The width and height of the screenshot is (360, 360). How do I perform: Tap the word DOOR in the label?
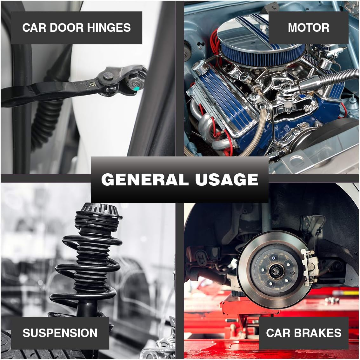click(67, 28)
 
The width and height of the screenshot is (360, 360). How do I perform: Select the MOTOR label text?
click(308, 28)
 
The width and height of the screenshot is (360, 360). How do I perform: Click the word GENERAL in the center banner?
click(145, 179)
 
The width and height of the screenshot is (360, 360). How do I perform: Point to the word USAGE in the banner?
click(227, 179)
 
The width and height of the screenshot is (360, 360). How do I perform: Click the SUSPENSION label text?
click(60, 333)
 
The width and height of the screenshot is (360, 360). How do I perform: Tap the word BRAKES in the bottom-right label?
click(318, 333)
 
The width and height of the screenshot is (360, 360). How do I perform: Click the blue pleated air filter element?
click(263, 55)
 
